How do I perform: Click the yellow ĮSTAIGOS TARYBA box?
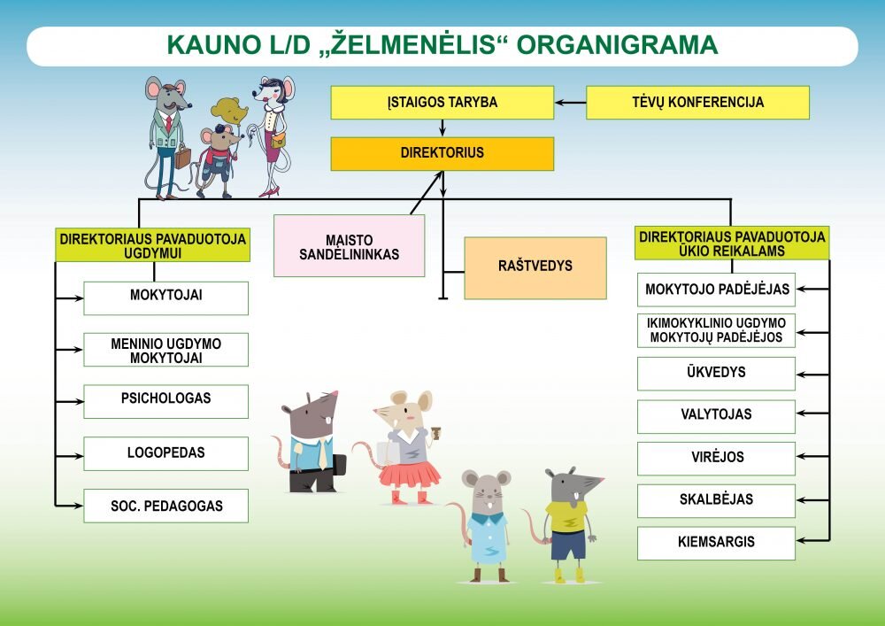(442, 102)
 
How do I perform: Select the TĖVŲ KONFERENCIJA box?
(697, 102)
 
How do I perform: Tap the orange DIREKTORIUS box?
(442, 153)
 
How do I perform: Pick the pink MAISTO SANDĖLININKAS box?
(349, 245)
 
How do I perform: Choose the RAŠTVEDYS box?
(535, 267)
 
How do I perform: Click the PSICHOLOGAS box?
(166, 401)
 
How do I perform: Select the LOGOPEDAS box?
(166, 453)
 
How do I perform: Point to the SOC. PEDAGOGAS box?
(166, 506)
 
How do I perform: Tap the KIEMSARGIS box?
(716, 543)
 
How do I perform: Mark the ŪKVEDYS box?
(716, 373)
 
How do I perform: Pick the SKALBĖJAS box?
(716, 500)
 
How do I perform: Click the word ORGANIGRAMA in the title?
(618, 45)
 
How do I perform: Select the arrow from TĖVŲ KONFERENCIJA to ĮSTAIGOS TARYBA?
(571, 103)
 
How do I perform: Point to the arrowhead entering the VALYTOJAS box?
(800, 413)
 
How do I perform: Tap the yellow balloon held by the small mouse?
(229, 111)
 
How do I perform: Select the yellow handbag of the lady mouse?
(278, 139)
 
